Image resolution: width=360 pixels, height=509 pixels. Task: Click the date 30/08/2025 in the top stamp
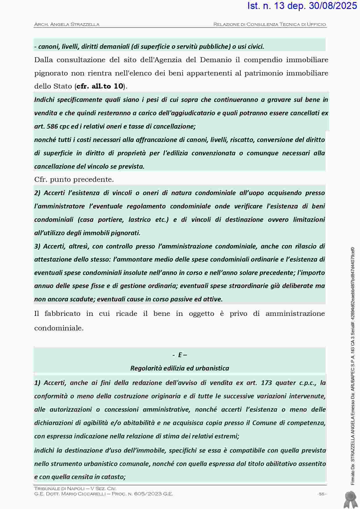tap(333, 6)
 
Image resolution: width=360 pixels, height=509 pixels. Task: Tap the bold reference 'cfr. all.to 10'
tap(100, 86)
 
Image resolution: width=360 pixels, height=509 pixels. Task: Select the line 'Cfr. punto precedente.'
tap(74, 179)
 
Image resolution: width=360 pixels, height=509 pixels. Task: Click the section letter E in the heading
tap(180, 355)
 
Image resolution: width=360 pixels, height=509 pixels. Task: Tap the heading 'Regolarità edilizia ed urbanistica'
tap(180, 368)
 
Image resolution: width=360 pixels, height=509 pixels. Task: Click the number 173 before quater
tap(266, 383)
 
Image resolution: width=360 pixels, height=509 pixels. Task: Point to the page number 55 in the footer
tap(321, 494)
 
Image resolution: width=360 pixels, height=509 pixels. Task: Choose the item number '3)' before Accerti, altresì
tap(37, 246)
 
